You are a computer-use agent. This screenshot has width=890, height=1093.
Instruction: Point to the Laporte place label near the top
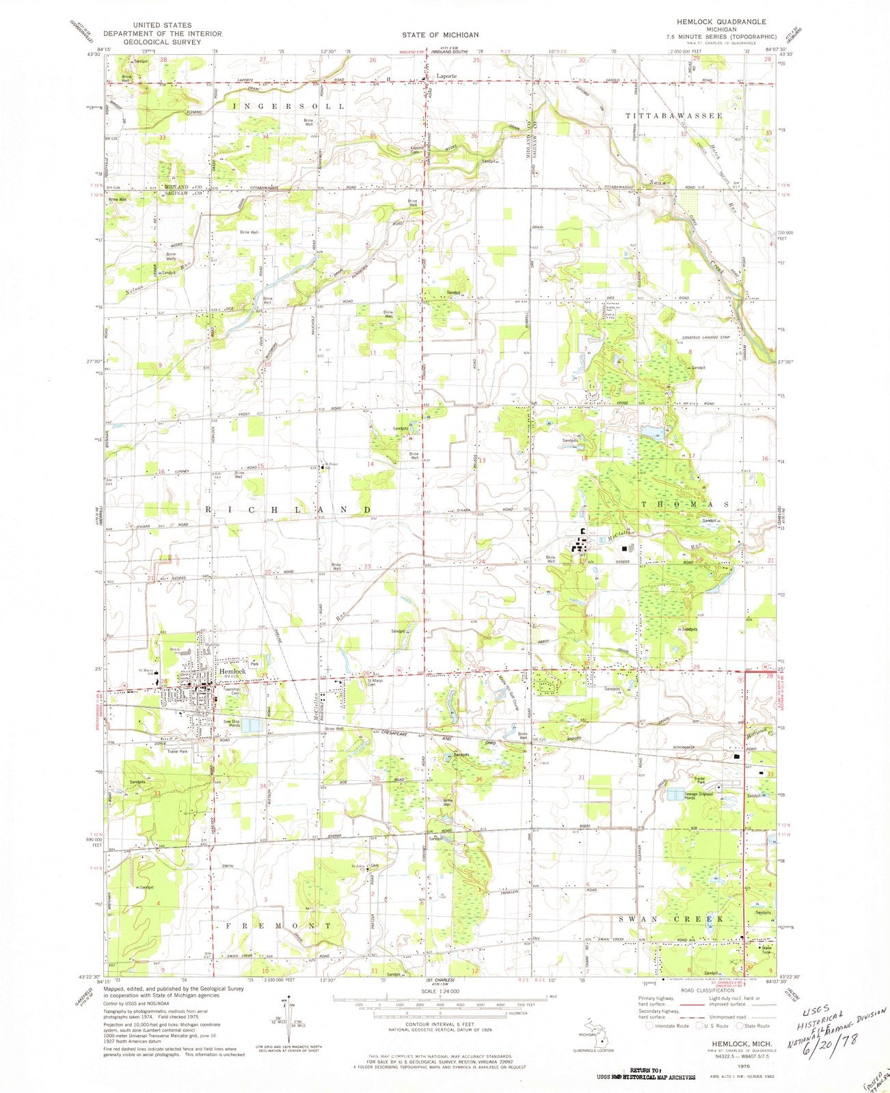coord(447,77)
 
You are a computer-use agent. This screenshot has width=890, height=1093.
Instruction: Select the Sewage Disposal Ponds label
coord(696,796)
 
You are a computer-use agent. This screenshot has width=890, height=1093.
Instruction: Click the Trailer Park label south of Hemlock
coord(178,751)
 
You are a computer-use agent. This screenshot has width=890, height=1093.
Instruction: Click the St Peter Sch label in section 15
coord(332,466)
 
